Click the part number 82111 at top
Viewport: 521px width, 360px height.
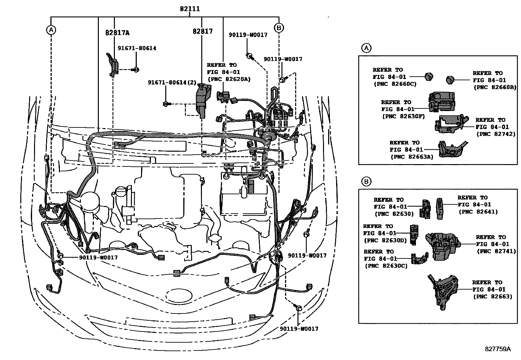click(x=189, y=9)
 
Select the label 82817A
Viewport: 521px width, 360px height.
click(x=117, y=33)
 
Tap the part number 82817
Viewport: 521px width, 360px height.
click(x=203, y=31)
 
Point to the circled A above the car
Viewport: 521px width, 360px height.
click(x=51, y=30)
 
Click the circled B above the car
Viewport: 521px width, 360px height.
click(x=279, y=28)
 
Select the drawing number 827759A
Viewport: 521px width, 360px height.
click(x=497, y=349)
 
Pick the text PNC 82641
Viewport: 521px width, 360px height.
click(x=478, y=212)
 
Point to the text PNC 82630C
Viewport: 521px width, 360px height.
click(x=386, y=266)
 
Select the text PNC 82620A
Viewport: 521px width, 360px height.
click(x=229, y=79)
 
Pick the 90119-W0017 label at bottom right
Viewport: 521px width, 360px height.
click(x=299, y=329)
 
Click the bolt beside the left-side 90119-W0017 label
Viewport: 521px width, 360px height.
click(x=60, y=256)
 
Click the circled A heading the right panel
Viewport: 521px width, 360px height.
click(x=366, y=48)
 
